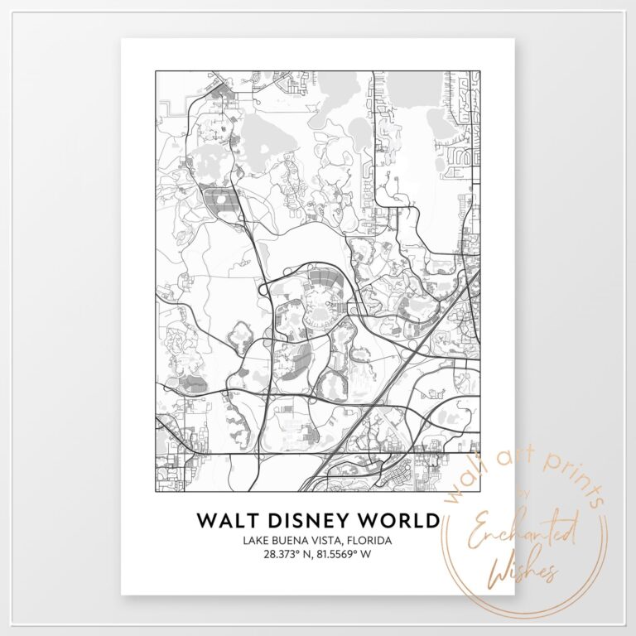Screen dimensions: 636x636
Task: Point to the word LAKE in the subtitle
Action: click(257, 541)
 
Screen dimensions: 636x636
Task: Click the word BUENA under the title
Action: click(291, 541)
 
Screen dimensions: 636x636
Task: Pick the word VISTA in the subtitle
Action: click(327, 541)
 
